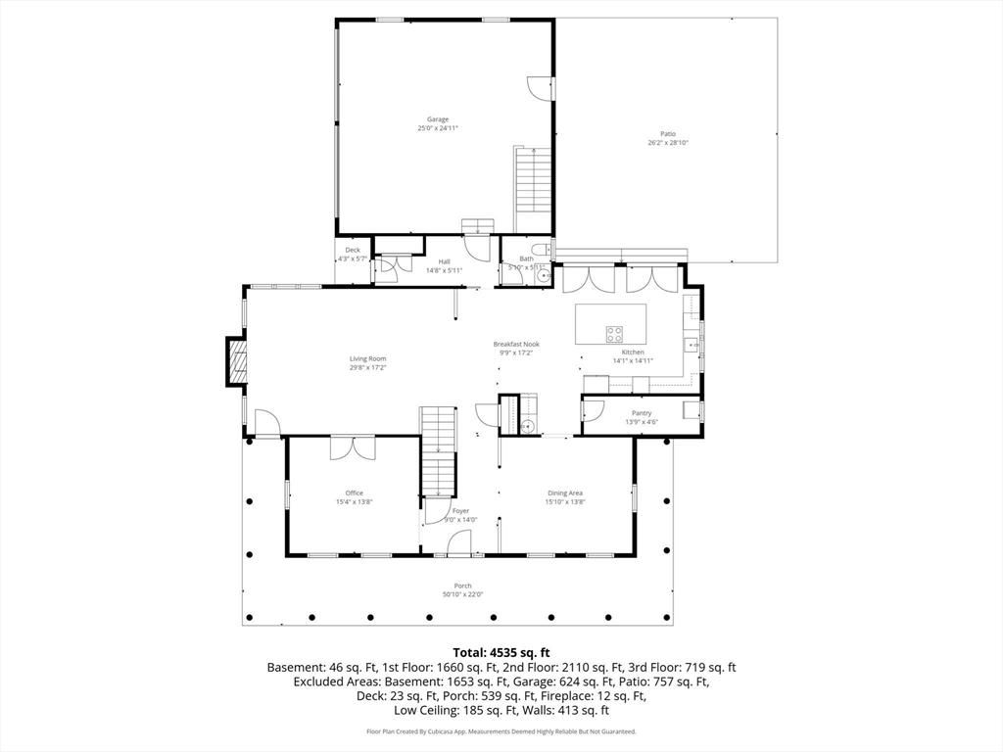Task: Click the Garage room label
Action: click(437, 119)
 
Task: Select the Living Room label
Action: click(368, 358)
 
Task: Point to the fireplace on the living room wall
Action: click(236, 360)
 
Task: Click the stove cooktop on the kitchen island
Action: click(615, 332)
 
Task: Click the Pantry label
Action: click(642, 413)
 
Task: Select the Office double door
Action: click(353, 447)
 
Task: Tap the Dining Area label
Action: click(564, 493)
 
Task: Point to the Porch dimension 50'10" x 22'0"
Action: click(462, 594)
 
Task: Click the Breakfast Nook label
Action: click(515, 344)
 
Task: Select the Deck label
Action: click(352, 250)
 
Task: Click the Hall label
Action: click(444, 261)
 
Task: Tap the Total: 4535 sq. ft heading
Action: click(501, 651)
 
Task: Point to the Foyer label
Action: click(460, 510)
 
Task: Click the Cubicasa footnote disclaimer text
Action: click(501, 731)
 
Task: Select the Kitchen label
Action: click(633, 352)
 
